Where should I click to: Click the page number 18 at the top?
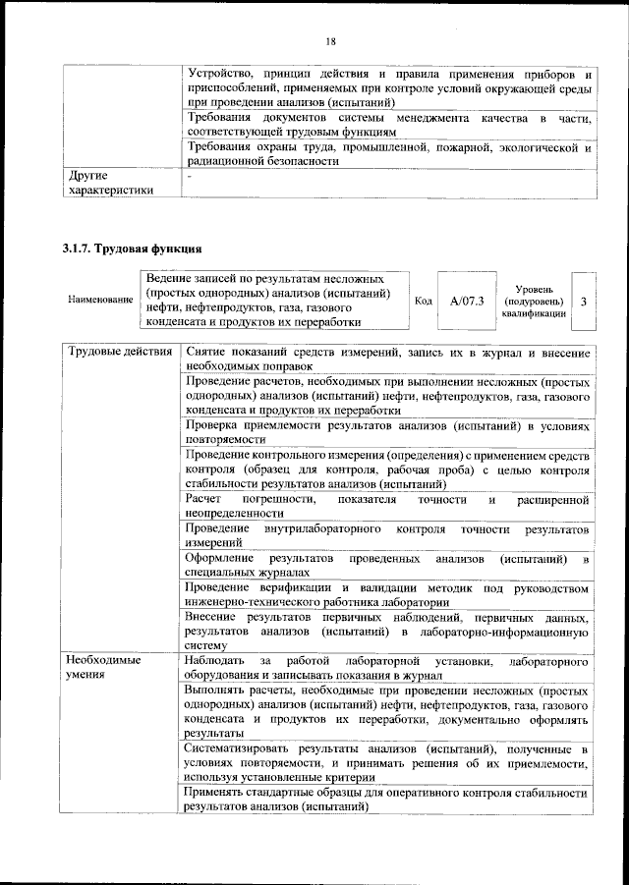coord(330,40)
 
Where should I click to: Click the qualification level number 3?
coord(584,301)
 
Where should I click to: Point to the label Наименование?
coord(100,298)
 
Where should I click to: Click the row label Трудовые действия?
coord(118,352)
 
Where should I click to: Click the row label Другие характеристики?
coord(107,183)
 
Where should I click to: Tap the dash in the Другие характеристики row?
coord(190,177)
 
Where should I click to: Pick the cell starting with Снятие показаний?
coord(387,360)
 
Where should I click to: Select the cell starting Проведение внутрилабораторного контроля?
coord(387,535)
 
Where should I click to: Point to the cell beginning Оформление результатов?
coord(387,565)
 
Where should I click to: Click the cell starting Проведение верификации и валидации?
coord(387,594)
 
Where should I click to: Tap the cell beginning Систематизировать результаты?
coord(387,763)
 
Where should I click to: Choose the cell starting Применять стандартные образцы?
coord(387,800)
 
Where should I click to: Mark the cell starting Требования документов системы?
coord(387,124)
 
